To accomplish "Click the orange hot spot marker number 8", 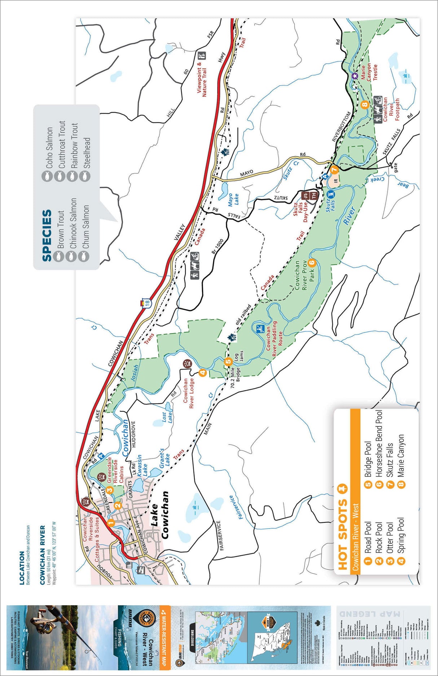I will click(364, 105).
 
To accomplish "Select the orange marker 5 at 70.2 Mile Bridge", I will click(228, 361).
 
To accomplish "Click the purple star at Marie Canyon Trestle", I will click(354, 76).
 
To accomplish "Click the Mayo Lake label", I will click(233, 199).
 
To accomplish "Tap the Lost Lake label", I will click(167, 417).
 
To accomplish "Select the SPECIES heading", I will click(47, 235).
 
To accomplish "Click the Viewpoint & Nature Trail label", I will click(202, 79).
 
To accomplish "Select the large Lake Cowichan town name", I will click(159, 515).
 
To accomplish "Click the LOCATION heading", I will click(22, 568).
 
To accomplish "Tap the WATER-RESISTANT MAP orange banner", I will click(165, 636).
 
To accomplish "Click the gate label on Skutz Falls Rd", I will click(395, 167).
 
